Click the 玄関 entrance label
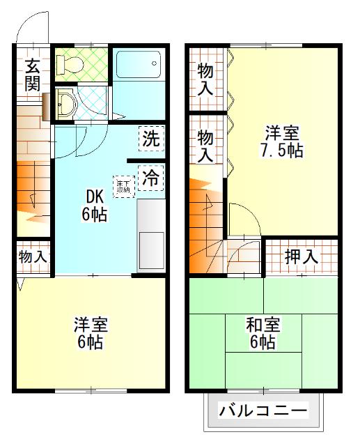[x=32, y=75]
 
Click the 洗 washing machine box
[x=150, y=138]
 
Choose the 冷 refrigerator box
[x=150, y=176]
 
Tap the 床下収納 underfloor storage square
[x=124, y=185]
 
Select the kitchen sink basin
[x=150, y=247]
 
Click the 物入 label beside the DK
[x=32, y=256]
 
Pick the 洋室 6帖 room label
[x=91, y=334]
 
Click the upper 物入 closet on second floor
[x=205, y=78]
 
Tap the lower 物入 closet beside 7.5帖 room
[x=205, y=145]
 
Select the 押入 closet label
[x=301, y=256]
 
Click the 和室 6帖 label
[x=263, y=334]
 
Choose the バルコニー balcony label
[x=263, y=410]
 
